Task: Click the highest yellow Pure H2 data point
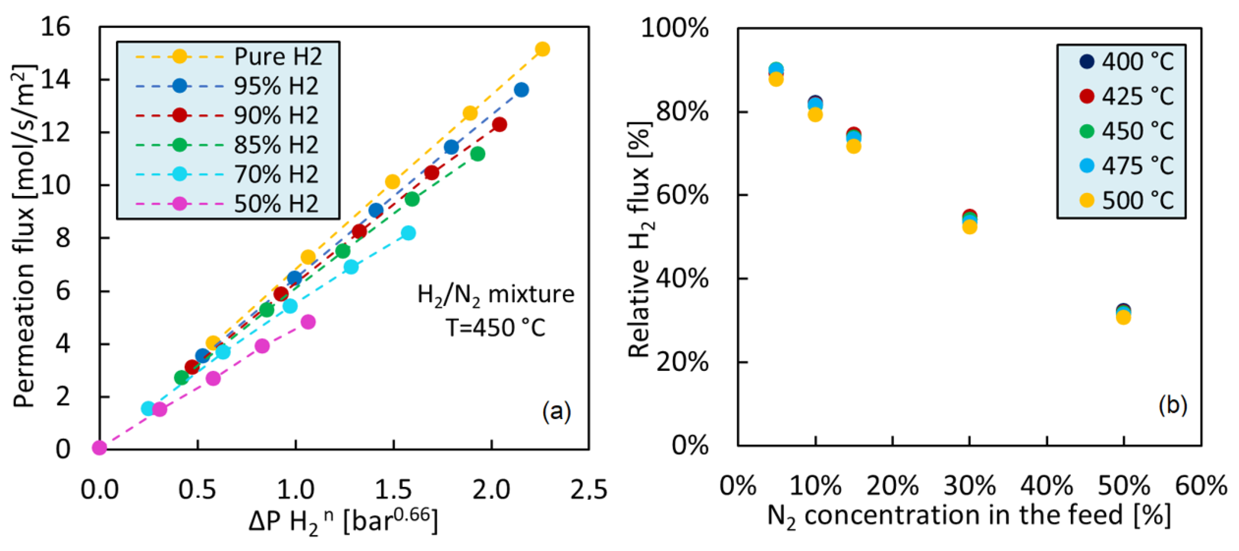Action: (x=542, y=49)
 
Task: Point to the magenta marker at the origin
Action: (x=99, y=448)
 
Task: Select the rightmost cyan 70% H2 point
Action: (x=408, y=233)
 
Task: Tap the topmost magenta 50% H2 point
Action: (x=308, y=322)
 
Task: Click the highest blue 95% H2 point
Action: (x=521, y=90)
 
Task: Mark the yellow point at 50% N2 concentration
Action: (x=1123, y=317)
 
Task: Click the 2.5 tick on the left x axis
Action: (x=589, y=490)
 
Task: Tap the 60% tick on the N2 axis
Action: (x=1201, y=486)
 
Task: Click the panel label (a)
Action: (x=556, y=411)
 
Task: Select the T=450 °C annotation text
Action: (x=495, y=328)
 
